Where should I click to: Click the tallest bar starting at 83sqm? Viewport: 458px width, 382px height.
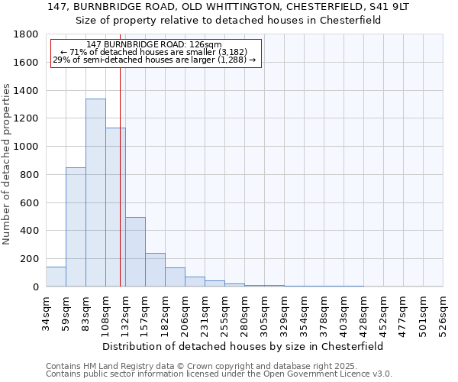coord(95,193)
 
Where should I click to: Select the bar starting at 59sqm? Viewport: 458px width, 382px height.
coord(76,227)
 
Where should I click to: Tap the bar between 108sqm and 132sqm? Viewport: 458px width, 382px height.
coord(115,207)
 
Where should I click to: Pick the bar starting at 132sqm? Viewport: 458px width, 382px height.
coord(135,252)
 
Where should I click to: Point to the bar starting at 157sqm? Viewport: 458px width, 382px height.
coord(155,270)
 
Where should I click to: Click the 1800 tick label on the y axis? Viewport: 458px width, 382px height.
coord(27,34)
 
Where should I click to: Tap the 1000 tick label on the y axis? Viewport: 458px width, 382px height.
coord(27,147)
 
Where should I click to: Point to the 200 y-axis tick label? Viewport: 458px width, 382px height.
coord(30,259)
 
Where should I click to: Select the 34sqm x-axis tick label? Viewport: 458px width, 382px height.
coord(46,311)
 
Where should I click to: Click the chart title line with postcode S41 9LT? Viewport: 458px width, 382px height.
coord(229,7)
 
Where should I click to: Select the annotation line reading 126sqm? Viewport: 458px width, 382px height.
coord(154,45)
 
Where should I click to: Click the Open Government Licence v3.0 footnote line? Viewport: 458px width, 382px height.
coord(219,374)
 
